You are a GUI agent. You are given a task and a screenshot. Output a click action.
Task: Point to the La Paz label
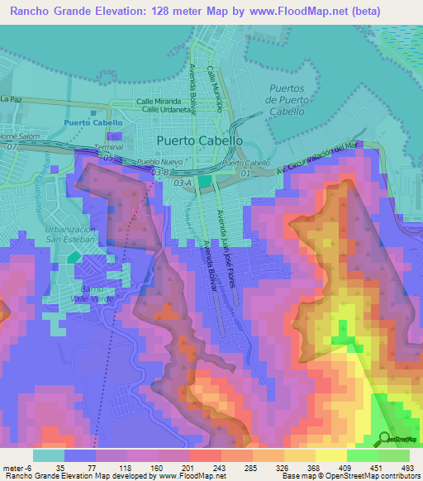(10, 99)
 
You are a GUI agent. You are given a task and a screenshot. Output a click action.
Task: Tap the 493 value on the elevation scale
(407, 467)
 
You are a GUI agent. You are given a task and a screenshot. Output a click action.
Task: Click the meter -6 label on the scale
(17, 467)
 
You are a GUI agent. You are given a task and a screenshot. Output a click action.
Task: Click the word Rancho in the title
(26, 11)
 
